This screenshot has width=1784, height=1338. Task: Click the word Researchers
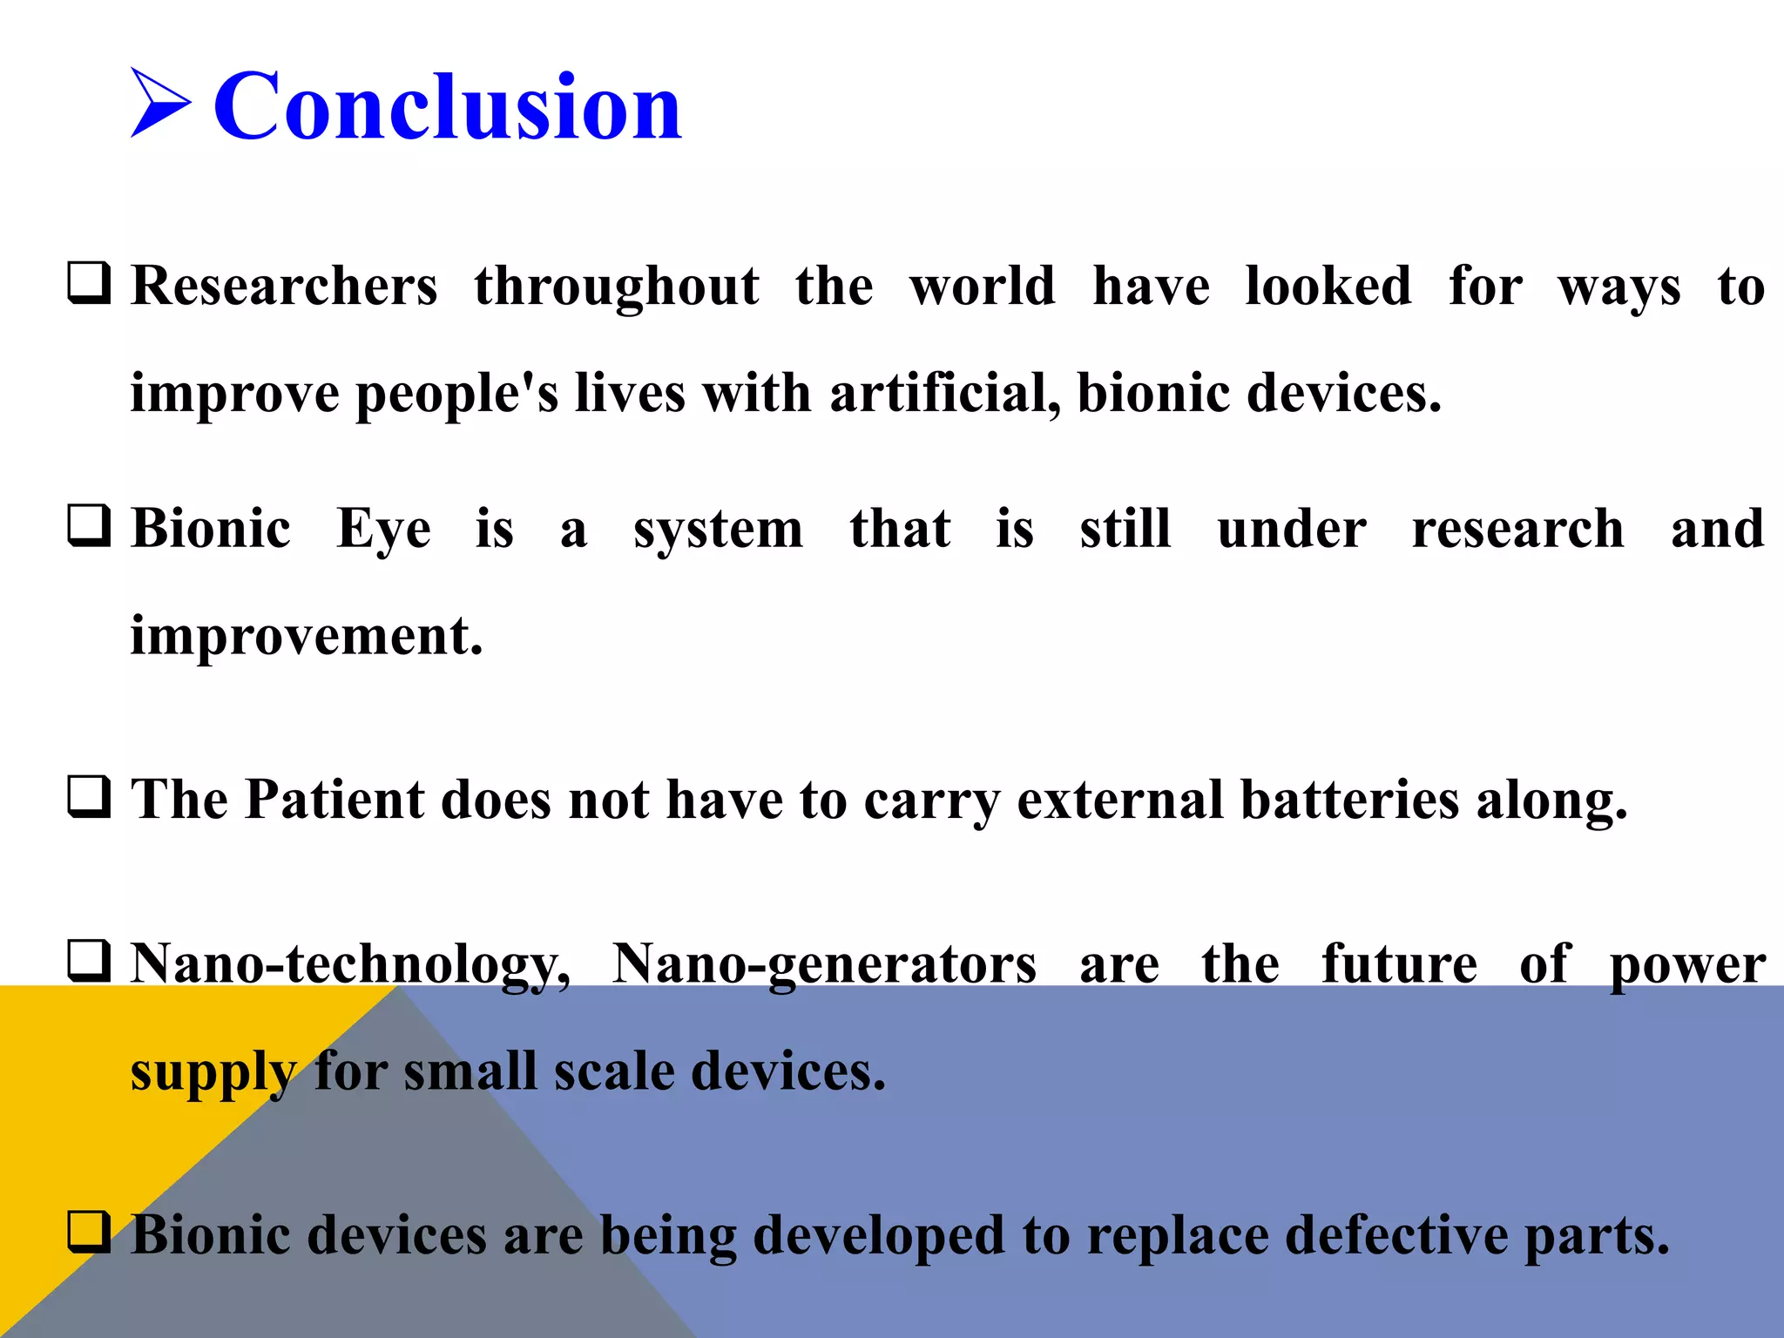pyautogui.click(x=284, y=287)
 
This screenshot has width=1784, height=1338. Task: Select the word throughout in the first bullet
pyautogui.click(x=617, y=287)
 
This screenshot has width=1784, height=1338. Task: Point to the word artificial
pyautogui.click(x=944, y=393)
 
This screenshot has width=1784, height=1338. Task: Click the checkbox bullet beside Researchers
pyautogui.click(x=89, y=283)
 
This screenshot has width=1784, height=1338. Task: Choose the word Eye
pyautogui.click(x=383, y=530)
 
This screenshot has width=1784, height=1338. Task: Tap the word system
pyautogui.click(x=718, y=530)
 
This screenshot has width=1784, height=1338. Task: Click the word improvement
pyautogui.click(x=307, y=636)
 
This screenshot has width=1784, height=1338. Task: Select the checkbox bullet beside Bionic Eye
pyautogui.click(x=89, y=525)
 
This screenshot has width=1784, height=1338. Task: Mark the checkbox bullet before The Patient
pyautogui.click(x=89, y=797)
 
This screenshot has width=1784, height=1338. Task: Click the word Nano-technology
pyautogui.click(x=350, y=965)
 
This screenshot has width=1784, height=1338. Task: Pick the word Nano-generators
pyautogui.click(x=824, y=965)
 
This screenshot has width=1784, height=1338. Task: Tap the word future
pyautogui.click(x=1399, y=963)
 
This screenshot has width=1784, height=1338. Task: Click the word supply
pyautogui.click(x=213, y=1071)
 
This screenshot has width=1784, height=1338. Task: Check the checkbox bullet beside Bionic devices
pyautogui.click(x=89, y=1232)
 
